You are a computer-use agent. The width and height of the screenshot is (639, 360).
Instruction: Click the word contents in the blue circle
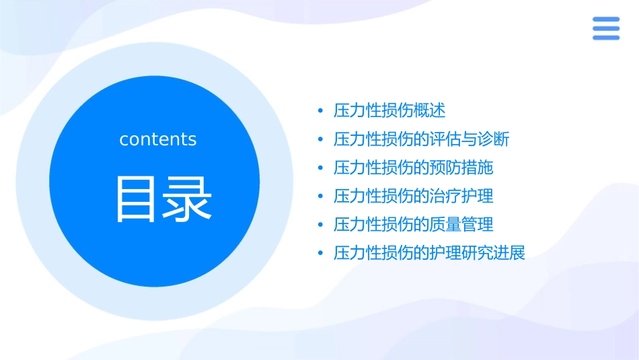click(x=158, y=139)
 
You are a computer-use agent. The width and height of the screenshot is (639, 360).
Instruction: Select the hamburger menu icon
click(x=605, y=28)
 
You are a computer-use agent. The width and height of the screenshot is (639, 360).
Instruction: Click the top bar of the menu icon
click(x=605, y=20)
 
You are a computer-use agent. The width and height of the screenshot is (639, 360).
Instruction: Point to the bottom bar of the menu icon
click(x=605, y=38)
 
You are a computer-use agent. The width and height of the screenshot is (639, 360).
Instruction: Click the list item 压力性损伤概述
click(x=389, y=110)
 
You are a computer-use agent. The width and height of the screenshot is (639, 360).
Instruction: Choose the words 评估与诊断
click(x=469, y=139)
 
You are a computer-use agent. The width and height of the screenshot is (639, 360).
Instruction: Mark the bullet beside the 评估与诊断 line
click(x=320, y=140)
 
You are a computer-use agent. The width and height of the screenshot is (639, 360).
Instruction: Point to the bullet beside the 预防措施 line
click(x=320, y=168)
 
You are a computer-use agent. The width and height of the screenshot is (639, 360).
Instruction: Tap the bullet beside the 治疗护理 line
click(x=320, y=196)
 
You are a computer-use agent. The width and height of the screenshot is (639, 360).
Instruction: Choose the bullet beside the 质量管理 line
click(x=320, y=225)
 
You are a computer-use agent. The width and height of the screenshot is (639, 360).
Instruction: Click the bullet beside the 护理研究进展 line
click(x=320, y=254)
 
